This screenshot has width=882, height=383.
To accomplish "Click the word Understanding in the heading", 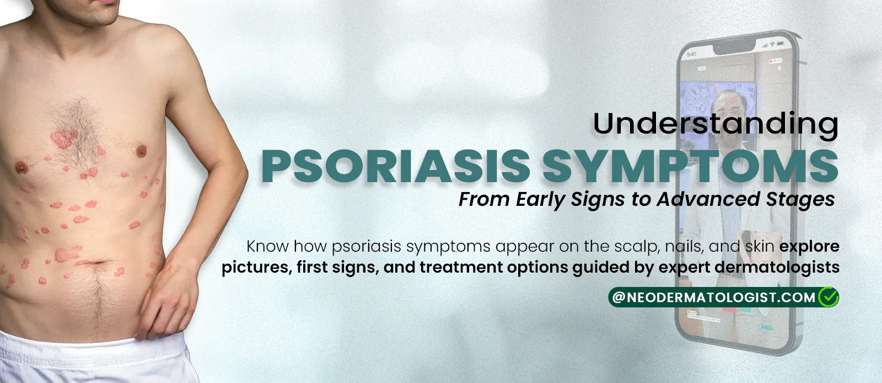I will [x=716, y=124].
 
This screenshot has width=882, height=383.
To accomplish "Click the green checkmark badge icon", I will [x=829, y=297].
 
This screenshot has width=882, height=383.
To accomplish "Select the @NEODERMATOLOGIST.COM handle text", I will [x=713, y=298].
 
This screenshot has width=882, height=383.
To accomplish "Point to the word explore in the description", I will [x=809, y=246].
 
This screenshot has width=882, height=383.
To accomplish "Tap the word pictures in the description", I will [x=255, y=268].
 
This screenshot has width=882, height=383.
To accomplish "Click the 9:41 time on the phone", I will [x=692, y=54].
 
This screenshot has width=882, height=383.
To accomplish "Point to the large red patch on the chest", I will [x=65, y=137].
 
